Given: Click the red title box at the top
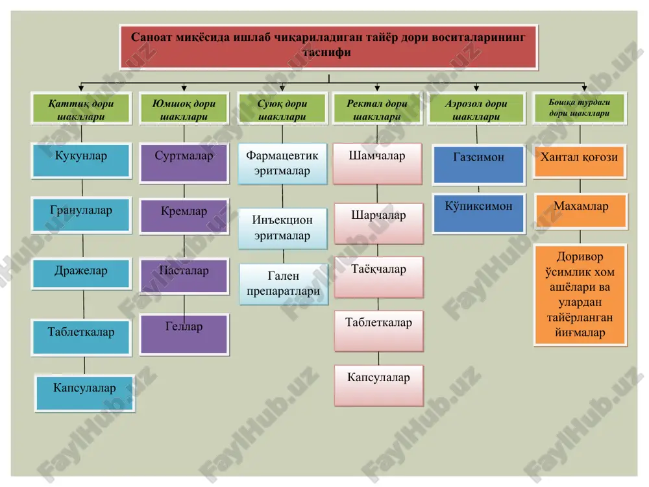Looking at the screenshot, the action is click(328, 47).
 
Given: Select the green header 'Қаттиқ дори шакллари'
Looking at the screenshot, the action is click(81, 108).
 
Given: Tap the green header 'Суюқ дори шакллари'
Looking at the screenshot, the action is click(282, 108).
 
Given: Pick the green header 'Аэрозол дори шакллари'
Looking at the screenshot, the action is click(476, 108).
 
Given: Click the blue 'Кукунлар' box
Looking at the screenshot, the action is click(81, 160).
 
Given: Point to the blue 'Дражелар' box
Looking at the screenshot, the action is click(81, 273).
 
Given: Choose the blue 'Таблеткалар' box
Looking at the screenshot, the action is click(81, 338).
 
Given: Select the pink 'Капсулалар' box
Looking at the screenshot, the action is click(379, 385).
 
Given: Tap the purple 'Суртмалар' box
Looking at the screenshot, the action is click(184, 163).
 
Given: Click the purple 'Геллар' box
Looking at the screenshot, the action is click(184, 334).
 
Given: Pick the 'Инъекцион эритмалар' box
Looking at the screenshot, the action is click(283, 228).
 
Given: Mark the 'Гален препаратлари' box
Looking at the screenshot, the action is click(284, 284).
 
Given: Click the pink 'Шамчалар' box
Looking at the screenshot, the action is click(378, 164).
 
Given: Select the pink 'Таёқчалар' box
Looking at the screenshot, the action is click(379, 277).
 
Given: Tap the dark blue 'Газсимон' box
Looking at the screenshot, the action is click(479, 165).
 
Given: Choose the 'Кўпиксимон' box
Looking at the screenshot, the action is click(479, 213).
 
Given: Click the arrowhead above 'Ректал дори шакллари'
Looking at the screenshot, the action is click(377, 88).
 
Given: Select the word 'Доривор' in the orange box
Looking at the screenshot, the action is click(580, 256).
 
